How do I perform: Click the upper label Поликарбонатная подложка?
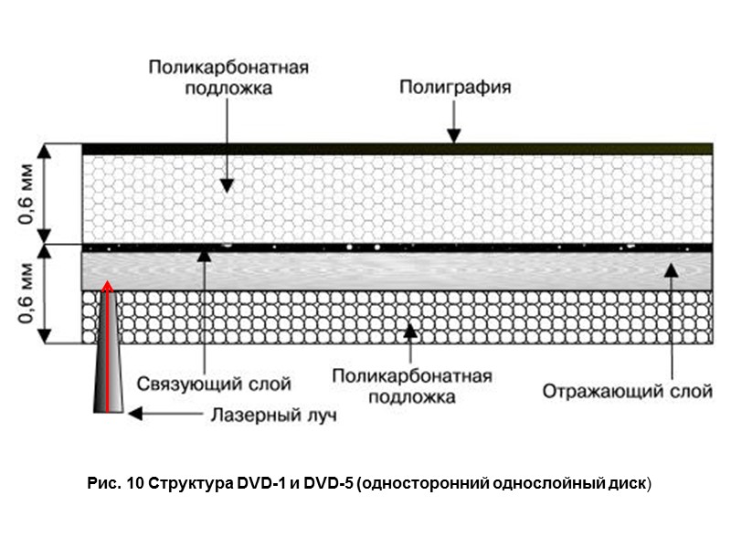(x=228, y=78)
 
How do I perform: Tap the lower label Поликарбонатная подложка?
(x=413, y=385)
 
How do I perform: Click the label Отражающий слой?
(x=627, y=392)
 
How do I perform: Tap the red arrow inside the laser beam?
(x=108, y=347)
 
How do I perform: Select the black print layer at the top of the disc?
(x=397, y=148)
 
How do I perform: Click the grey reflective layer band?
(x=397, y=270)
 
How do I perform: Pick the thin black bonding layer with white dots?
(x=397, y=248)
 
